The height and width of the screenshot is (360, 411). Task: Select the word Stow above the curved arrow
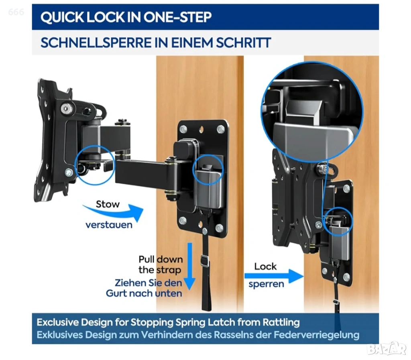tap(108, 204)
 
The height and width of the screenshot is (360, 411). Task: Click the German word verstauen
tap(109, 225)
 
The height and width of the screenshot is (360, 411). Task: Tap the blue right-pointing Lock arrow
tap(274, 276)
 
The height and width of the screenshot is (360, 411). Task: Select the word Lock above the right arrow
tap(265, 266)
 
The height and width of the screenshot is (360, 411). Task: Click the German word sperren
tap(267, 284)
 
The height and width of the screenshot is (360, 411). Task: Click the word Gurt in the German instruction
tap(116, 293)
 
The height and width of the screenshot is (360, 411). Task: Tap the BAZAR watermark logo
tap(387, 348)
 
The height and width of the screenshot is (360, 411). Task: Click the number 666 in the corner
tap(16, 12)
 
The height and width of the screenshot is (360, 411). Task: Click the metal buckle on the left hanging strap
tap(205, 261)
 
